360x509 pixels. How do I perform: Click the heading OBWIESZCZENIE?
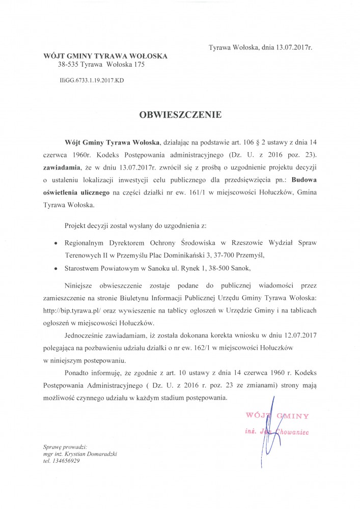[x=180, y=115]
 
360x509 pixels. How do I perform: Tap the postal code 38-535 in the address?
[x=68, y=65]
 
